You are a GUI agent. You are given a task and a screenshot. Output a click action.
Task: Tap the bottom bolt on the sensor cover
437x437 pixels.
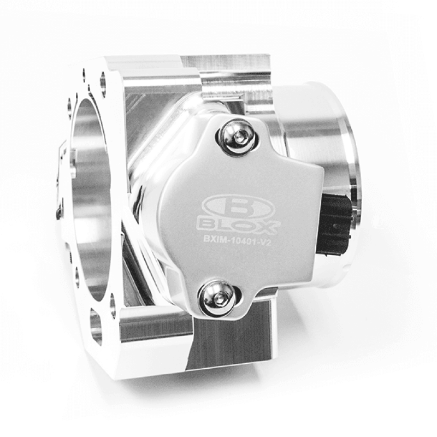pos(219,297)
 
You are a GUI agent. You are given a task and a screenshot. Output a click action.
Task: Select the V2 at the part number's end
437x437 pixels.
pos(267,243)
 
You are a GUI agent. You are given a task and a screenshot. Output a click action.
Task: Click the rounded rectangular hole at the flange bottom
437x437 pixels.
pos(96,327)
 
